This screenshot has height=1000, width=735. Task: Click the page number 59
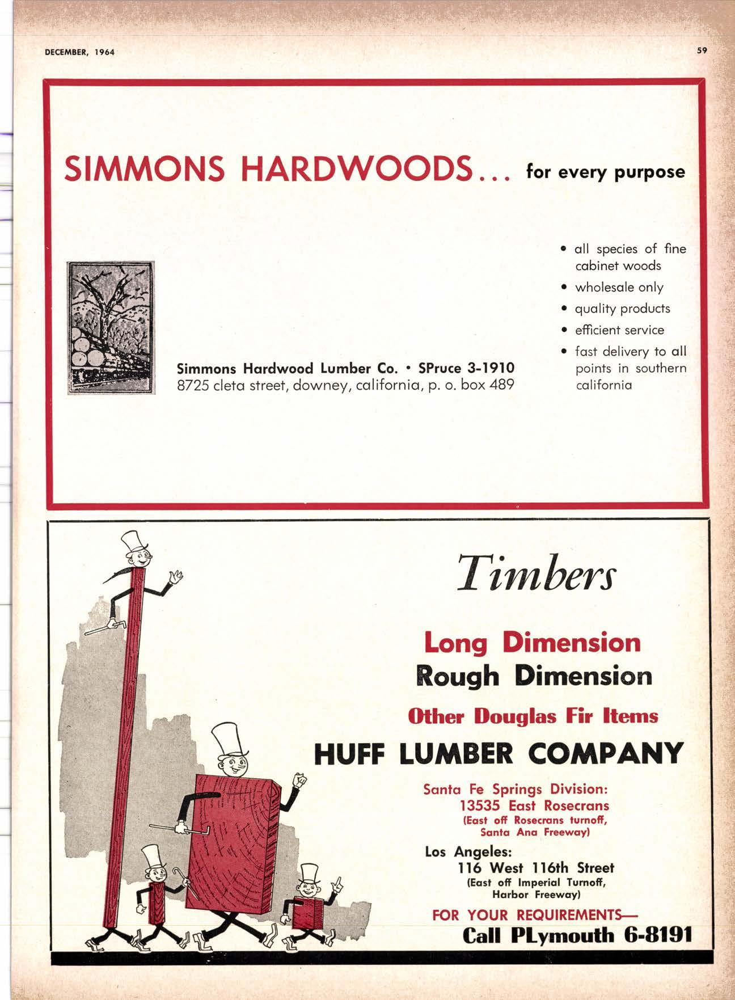pos(702,50)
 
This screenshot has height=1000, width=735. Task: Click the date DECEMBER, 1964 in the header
pos(80,52)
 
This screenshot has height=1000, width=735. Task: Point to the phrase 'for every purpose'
pos(606,171)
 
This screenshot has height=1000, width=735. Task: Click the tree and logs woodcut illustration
pos(111,327)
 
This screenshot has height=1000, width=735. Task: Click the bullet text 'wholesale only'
pos(619,288)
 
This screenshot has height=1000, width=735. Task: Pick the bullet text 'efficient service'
pos(619,330)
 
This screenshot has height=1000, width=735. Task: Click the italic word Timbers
pos(536,574)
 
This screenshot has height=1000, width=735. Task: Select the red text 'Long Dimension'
pos(532,643)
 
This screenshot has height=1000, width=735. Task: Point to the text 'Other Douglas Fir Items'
pos(533,716)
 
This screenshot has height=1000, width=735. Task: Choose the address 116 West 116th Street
pos(535,868)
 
